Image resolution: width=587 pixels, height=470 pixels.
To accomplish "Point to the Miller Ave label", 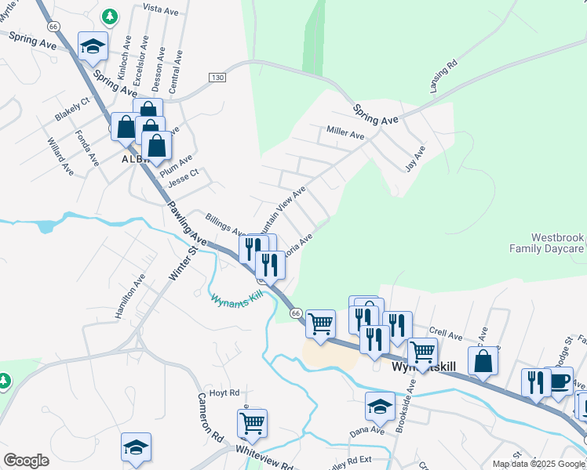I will [x=346, y=134].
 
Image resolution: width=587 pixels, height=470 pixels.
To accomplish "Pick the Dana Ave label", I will [x=366, y=430].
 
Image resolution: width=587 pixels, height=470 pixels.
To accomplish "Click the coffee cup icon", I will [x=558, y=381].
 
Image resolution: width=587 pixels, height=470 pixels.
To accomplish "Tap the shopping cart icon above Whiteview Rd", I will [x=253, y=423].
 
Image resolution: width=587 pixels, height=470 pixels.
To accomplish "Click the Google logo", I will [x=26, y=461].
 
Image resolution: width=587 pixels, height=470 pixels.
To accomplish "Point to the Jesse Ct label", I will [x=184, y=178].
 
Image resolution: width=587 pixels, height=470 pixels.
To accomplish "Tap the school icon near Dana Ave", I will [x=380, y=407].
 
